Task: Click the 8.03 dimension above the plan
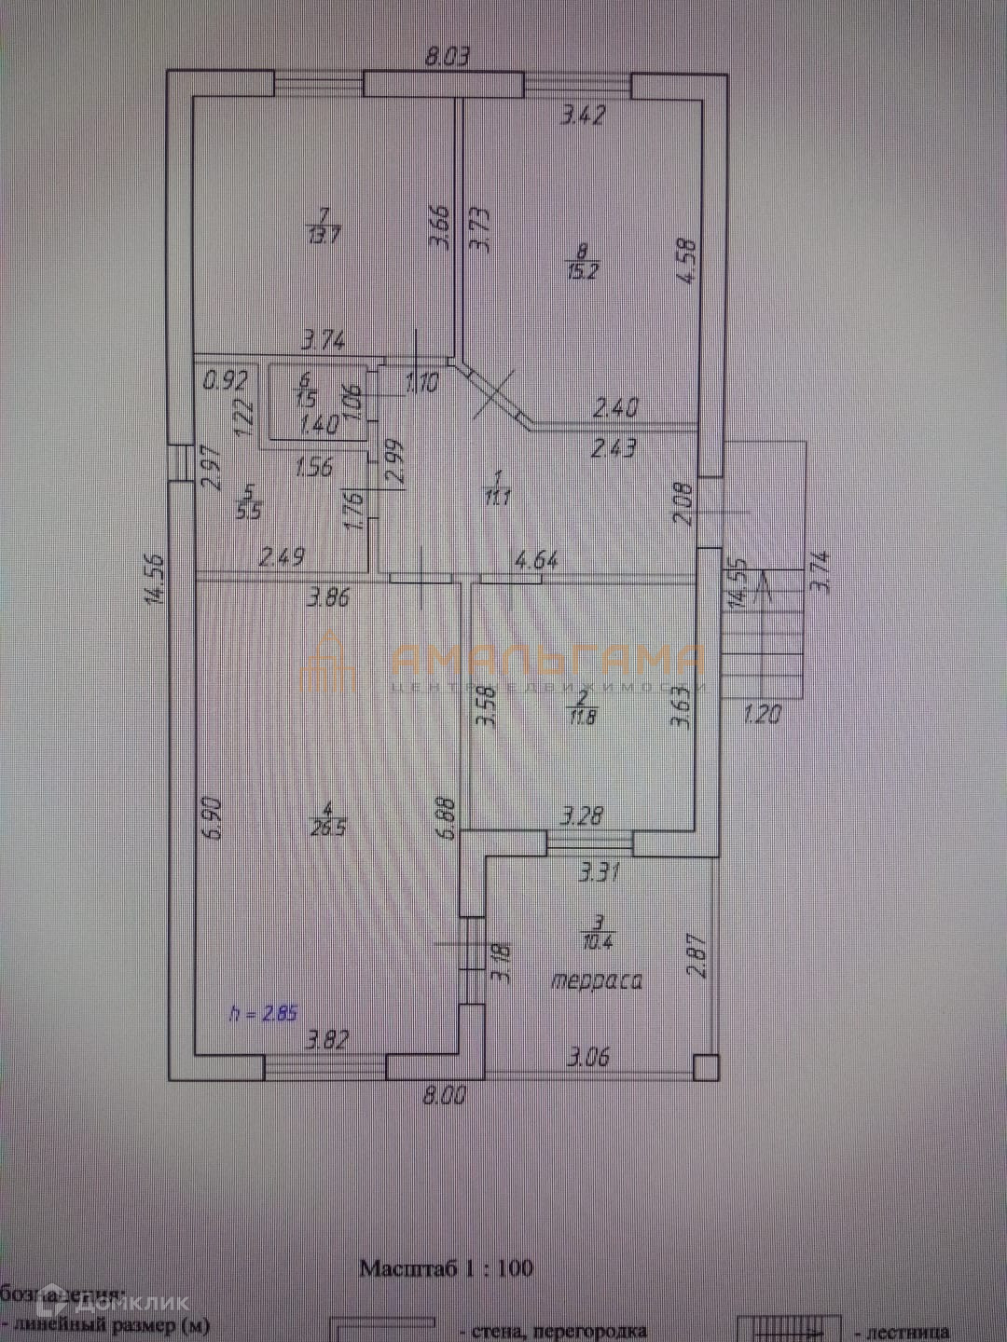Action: click(x=447, y=57)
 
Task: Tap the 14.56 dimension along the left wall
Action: click(x=155, y=580)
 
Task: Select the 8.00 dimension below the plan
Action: click(x=444, y=1095)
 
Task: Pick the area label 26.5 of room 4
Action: click(x=327, y=827)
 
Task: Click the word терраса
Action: click(x=597, y=981)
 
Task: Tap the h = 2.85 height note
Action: click(x=263, y=1013)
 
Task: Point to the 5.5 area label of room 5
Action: click(x=249, y=510)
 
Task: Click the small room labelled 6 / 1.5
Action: click(x=306, y=401)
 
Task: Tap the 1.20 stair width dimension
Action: click(x=762, y=715)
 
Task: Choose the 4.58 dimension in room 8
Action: click(x=688, y=265)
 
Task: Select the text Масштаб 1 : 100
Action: click(x=447, y=1267)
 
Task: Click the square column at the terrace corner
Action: click(x=706, y=1066)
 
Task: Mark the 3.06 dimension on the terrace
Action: click(x=589, y=1056)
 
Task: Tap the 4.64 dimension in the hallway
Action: click(x=536, y=560)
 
